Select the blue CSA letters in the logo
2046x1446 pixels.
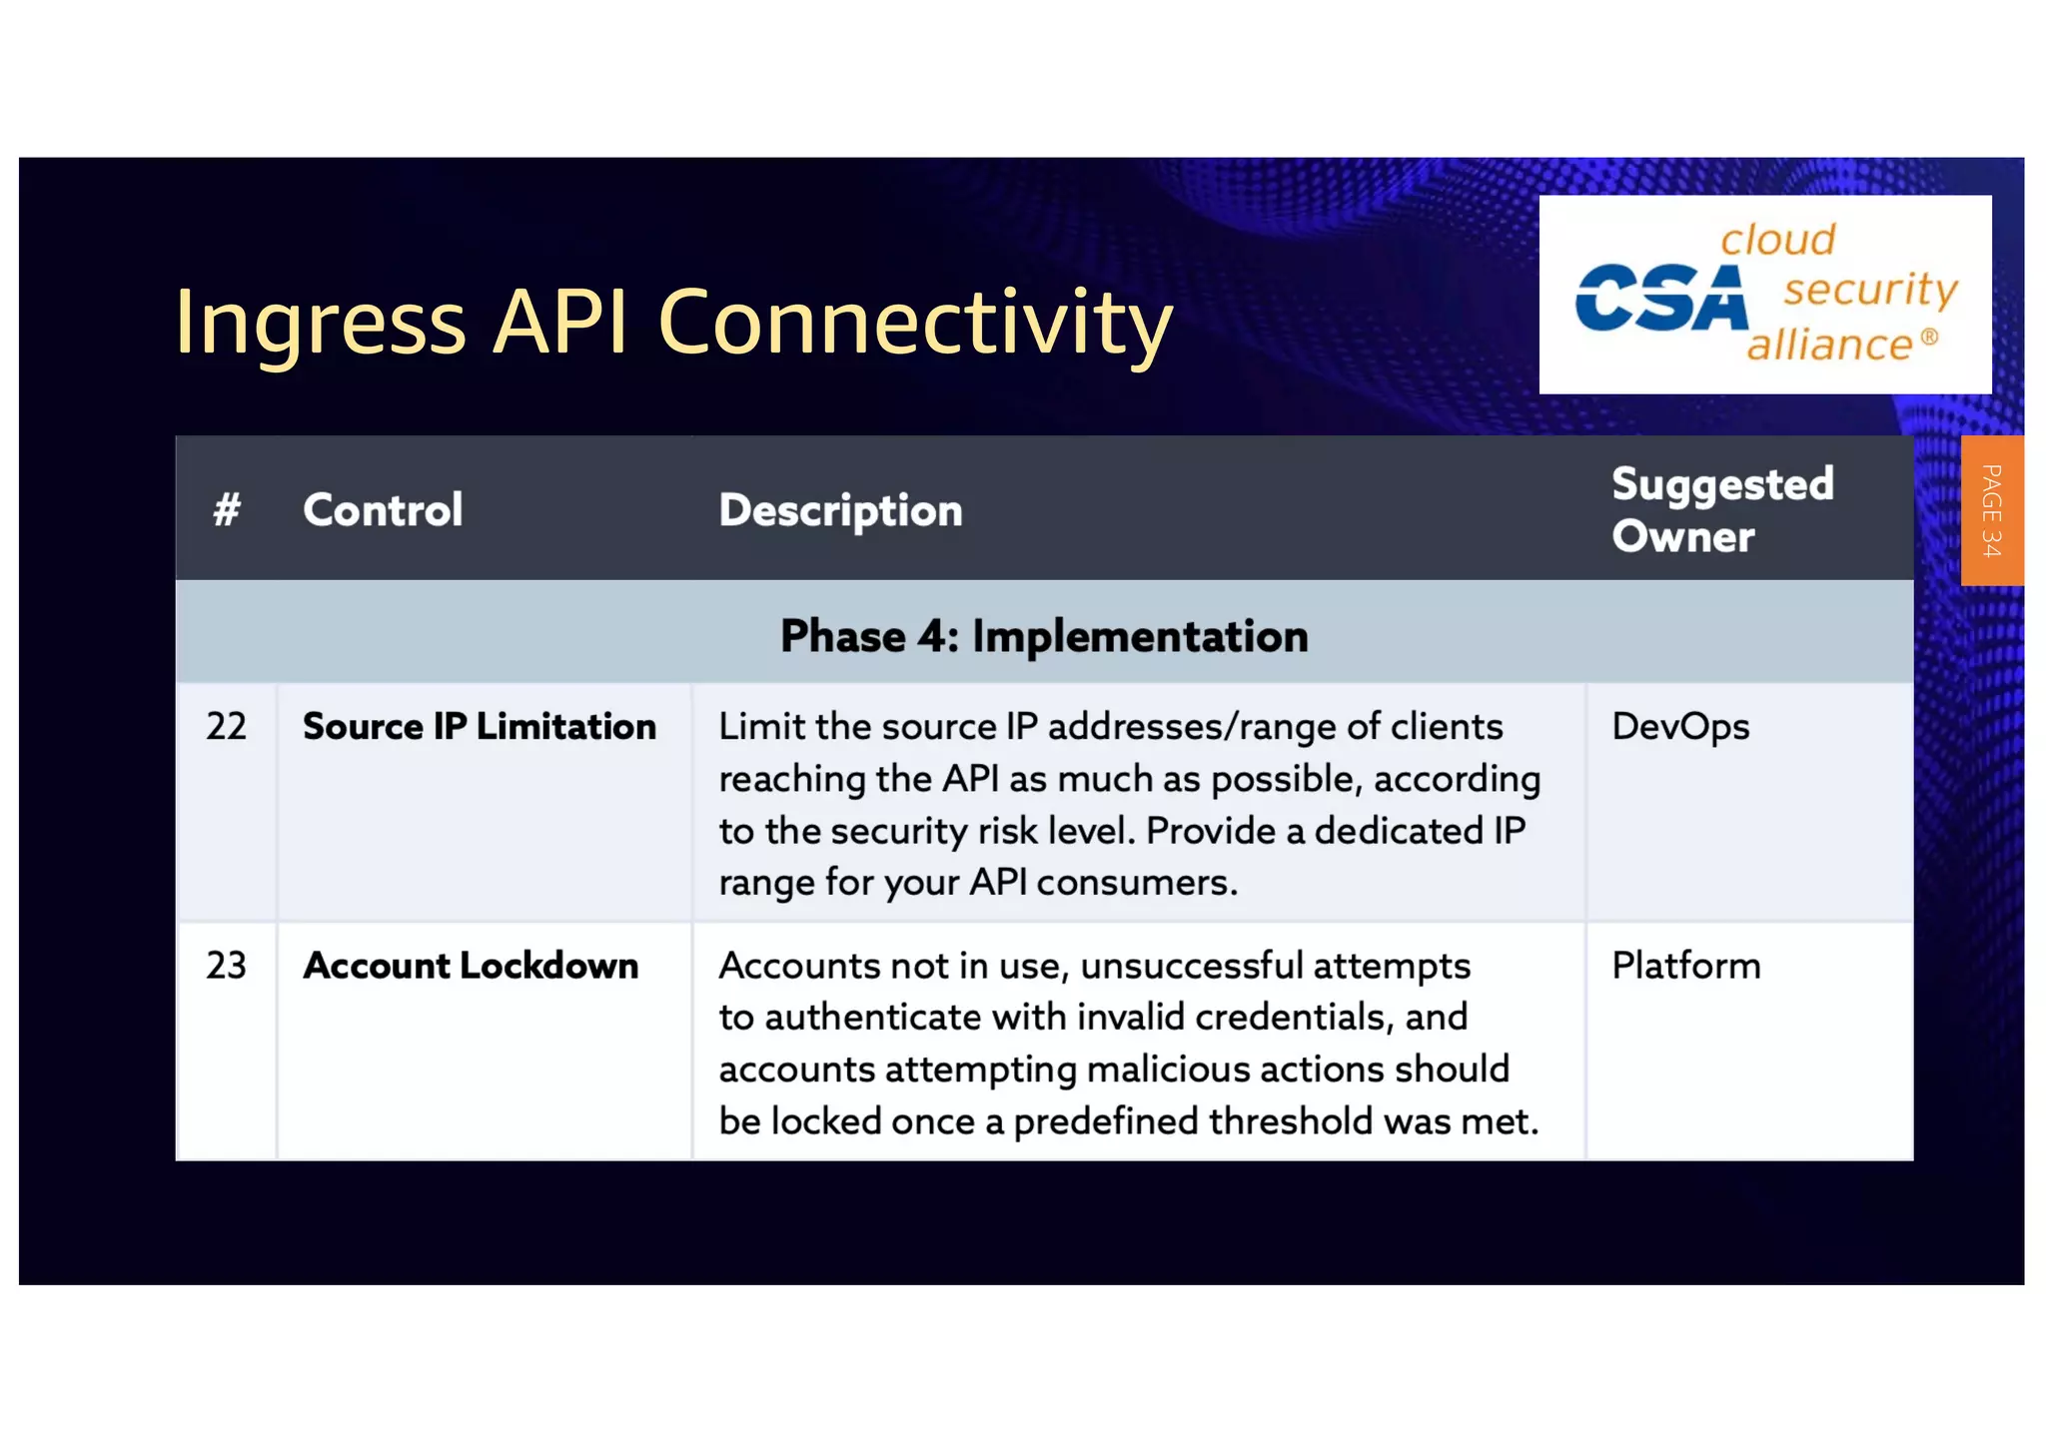[1660, 299]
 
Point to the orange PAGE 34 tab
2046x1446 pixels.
[1991, 510]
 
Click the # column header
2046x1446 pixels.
[227, 510]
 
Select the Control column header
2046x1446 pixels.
[383, 510]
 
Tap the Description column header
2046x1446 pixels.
[840, 511]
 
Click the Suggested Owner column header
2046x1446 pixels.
[1722, 510]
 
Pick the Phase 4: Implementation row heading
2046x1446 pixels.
[1044, 636]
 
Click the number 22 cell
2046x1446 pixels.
[227, 726]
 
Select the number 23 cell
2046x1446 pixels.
[227, 966]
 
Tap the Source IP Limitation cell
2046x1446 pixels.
[480, 727]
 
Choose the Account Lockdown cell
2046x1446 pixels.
[471, 966]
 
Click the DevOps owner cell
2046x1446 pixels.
[1680, 727]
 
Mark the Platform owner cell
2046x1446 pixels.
[1685, 966]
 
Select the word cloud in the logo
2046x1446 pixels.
[1777, 240]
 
